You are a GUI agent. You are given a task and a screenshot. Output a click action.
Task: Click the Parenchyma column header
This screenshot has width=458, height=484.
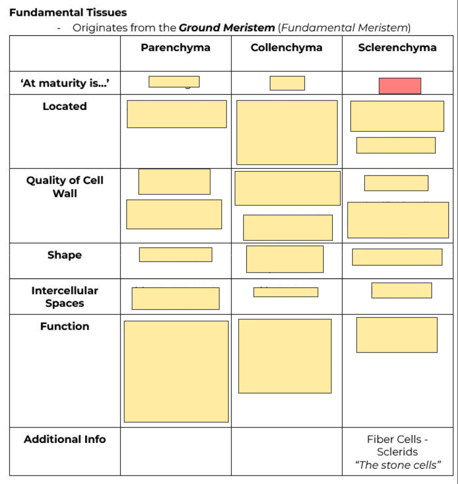coord(175,48)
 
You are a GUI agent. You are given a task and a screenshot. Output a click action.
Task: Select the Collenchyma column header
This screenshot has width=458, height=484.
coord(286,48)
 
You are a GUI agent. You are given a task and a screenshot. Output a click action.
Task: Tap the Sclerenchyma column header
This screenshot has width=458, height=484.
coord(397,48)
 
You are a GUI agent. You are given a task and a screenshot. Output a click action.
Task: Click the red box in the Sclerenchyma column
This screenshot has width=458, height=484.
coord(400,86)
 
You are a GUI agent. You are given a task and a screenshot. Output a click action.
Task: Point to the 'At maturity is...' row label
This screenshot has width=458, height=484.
coord(64,83)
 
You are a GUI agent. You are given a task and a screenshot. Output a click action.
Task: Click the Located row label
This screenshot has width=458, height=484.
coord(64,106)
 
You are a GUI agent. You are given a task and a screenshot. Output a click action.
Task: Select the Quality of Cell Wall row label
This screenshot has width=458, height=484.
coord(64,187)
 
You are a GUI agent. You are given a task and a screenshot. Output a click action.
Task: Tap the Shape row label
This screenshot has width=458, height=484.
coord(64,255)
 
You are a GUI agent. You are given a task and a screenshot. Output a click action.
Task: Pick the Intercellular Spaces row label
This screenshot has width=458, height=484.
coord(64,296)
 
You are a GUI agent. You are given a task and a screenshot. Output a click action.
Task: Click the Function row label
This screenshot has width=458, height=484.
coord(64,327)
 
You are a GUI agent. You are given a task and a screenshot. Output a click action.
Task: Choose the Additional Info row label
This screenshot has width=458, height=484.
coord(64,439)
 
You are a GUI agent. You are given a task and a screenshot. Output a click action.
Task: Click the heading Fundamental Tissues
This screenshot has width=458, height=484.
coord(68,12)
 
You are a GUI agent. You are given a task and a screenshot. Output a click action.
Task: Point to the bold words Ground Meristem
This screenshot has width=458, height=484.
coord(227,27)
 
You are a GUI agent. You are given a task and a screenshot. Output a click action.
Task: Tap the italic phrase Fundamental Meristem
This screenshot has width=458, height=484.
coord(344,27)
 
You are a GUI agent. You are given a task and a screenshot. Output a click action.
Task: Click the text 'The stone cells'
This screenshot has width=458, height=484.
coord(398,465)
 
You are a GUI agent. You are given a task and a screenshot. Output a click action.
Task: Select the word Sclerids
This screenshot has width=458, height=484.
coord(397,452)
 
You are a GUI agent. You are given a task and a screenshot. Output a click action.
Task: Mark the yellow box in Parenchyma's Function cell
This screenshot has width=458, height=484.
coord(176,371)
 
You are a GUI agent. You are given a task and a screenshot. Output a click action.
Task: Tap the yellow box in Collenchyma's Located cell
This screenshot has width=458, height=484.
coord(287,133)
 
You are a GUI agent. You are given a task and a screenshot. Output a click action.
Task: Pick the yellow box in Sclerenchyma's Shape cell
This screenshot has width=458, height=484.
coord(397,257)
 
